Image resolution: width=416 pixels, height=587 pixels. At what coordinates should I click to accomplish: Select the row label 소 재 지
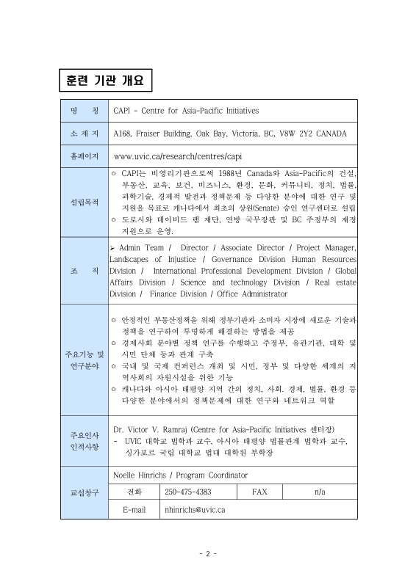pyautogui.click(x=84, y=134)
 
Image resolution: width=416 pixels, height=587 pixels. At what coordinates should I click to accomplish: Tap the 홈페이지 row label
pyautogui.click(x=84, y=156)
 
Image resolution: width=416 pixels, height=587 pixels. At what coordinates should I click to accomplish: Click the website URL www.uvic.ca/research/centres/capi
pyautogui.click(x=178, y=156)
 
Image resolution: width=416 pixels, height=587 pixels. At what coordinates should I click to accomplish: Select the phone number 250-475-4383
pyautogui.click(x=188, y=491)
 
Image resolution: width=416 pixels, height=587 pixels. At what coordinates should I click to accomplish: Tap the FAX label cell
pyautogui.click(x=259, y=491)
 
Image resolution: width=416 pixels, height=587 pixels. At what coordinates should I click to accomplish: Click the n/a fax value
pyautogui.click(x=320, y=491)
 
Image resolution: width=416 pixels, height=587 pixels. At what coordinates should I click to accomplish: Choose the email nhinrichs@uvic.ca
pyautogui.click(x=195, y=509)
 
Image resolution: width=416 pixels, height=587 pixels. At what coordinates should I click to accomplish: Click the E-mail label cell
pyautogui.click(x=135, y=509)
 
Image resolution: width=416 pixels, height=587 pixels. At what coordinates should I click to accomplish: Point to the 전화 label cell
pyautogui.click(x=135, y=491)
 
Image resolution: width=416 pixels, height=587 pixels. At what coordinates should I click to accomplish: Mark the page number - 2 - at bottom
pyautogui.click(x=208, y=553)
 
